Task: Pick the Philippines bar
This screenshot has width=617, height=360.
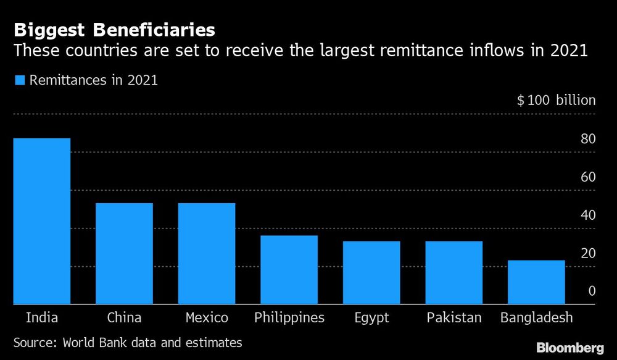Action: pyautogui.click(x=289, y=270)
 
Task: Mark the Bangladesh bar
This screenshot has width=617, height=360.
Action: pyautogui.click(x=536, y=282)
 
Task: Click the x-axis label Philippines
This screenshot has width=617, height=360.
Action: pyautogui.click(x=289, y=318)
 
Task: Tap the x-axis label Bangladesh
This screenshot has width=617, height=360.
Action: pyautogui.click(x=536, y=318)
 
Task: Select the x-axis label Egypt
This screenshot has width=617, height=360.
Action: pyautogui.click(x=371, y=318)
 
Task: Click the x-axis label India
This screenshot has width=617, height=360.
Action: pyautogui.click(x=42, y=318)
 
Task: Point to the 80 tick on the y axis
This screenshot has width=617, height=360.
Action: pyautogui.click(x=587, y=139)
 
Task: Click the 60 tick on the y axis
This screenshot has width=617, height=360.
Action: pyautogui.click(x=587, y=177)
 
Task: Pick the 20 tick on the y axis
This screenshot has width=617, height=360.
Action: pyautogui.click(x=587, y=253)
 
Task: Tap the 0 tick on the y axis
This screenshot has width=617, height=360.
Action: pyautogui.click(x=591, y=291)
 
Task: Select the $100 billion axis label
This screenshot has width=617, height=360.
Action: pyautogui.click(x=556, y=100)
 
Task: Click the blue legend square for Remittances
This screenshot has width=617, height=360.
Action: pyautogui.click(x=19, y=80)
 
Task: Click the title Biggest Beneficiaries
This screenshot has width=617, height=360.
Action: pyautogui.click(x=114, y=29)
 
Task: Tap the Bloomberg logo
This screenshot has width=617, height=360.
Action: pyautogui.click(x=571, y=348)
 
